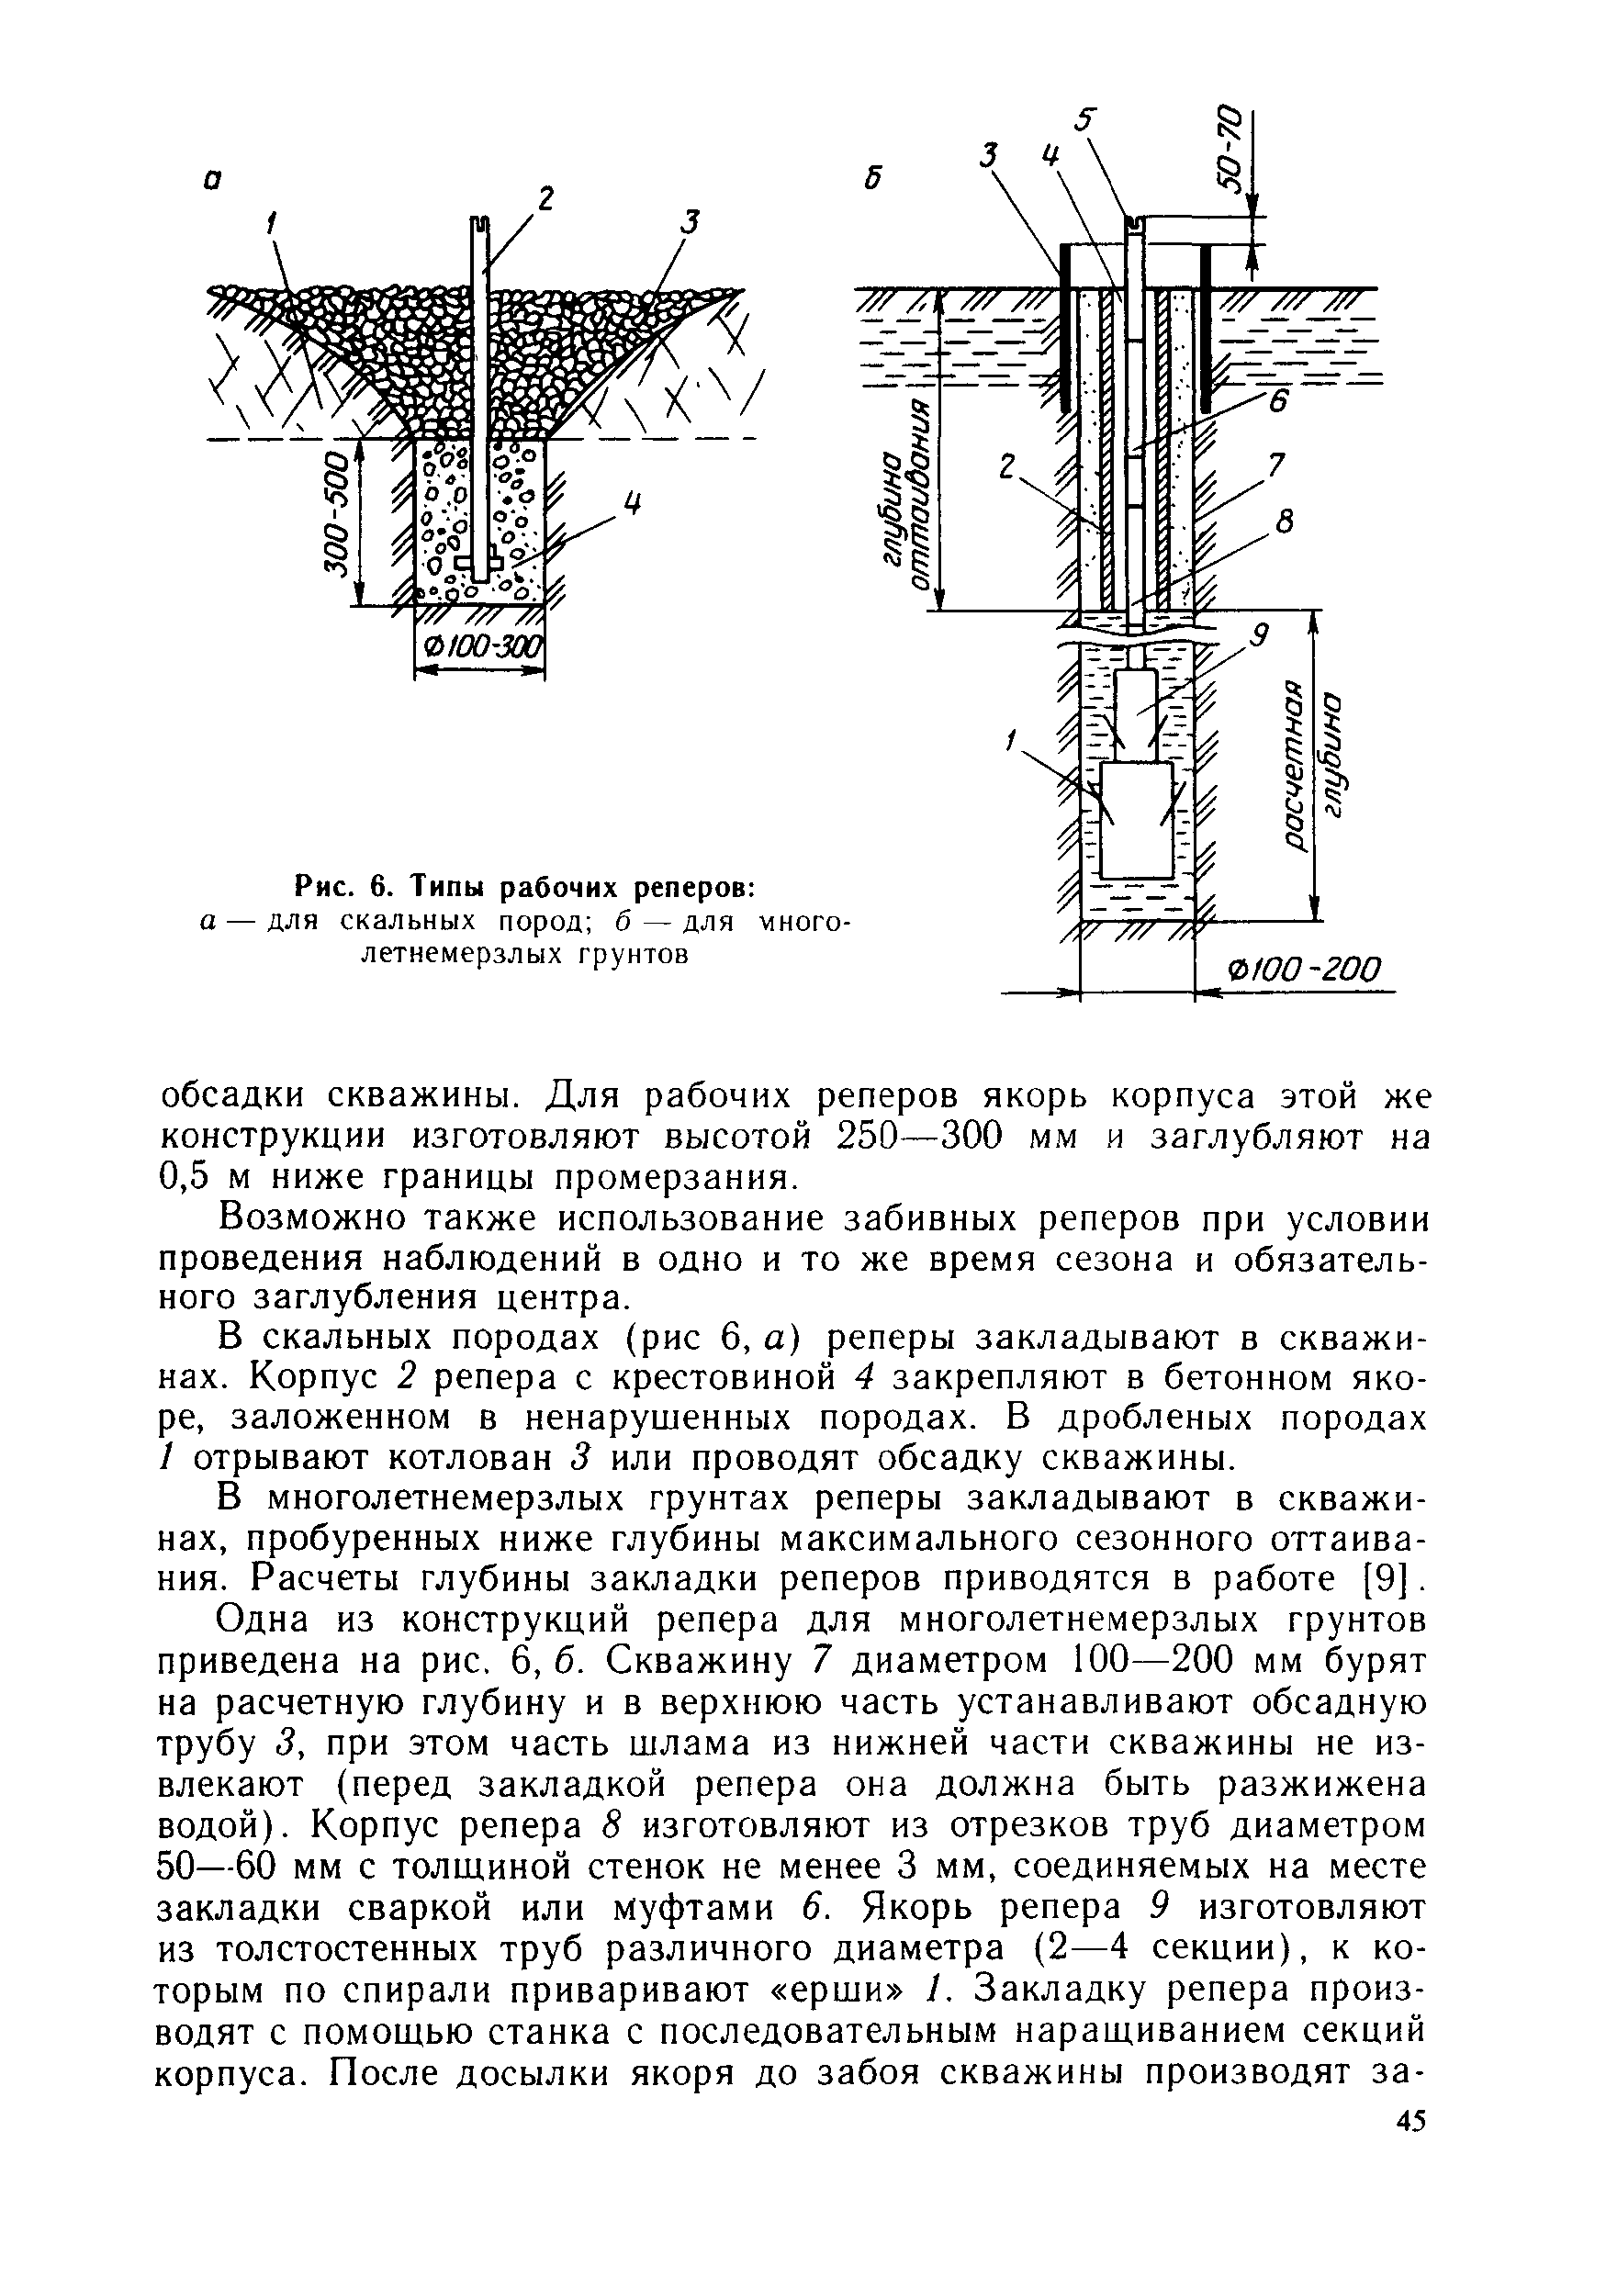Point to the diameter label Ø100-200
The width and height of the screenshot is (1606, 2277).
click(x=1302, y=969)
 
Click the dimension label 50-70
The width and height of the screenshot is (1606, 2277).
click(x=1230, y=148)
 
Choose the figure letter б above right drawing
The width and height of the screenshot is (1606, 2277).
click(x=872, y=177)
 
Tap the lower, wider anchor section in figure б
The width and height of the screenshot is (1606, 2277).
click(x=1137, y=819)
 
